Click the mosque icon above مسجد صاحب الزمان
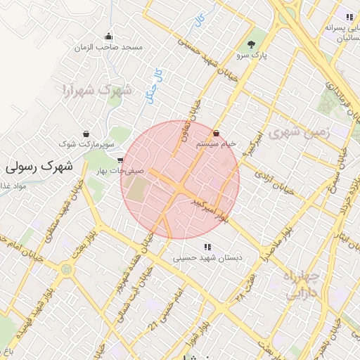point(108,37)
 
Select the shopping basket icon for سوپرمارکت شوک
point(86,133)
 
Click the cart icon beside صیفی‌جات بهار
point(122,160)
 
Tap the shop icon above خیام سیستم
point(215,133)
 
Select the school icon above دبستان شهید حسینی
point(207,247)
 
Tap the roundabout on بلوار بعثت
point(66,268)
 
